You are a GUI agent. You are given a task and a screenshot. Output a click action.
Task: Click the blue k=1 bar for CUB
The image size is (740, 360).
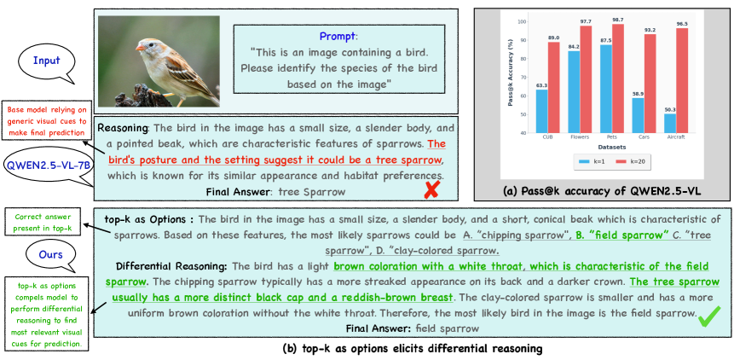click(x=542, y=111)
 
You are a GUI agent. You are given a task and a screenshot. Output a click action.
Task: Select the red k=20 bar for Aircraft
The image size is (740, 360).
click(x=682, y=80)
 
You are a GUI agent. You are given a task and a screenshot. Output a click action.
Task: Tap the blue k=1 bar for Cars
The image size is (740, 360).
click(x=638, y=115)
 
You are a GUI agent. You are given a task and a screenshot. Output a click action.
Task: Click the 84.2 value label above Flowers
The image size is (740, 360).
click(x=574, y=47)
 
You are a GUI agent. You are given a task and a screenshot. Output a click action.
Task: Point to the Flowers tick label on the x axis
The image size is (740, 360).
click(x=580, y=137)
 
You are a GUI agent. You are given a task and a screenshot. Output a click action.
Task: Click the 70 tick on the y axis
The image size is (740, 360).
click(x=523, y=77)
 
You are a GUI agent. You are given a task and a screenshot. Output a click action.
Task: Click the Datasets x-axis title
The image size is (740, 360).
click(x=611, y=147)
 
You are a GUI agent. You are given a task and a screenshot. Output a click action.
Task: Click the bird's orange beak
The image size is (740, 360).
click(x=140, y=48)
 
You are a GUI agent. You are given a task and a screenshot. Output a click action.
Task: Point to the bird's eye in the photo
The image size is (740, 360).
click(x=151, y=44)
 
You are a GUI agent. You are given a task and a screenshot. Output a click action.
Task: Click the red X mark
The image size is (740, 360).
click(x=431, y=189)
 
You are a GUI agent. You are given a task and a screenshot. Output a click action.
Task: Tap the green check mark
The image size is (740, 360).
click(x=709, y=316)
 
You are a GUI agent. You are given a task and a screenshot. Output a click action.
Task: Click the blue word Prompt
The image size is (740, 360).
click(x=337, y=36)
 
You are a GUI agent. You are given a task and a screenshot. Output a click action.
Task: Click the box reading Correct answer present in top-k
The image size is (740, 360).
click(x=43, y=223)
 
